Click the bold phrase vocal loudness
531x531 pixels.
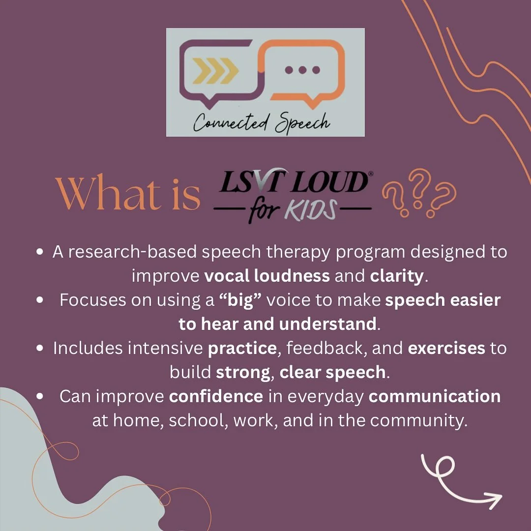pyautogui.click(x=267, y=276)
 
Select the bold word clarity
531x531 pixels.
pyautogui.click(x=396, y=276)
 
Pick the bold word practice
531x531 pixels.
pyautogui.click(x=242, y=348)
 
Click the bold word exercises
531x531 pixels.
pyautogui.click(x=446, y=348)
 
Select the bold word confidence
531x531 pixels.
pyautogui.click(x=216, y=396)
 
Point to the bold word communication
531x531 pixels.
pyautogui.click(x=435, y=396)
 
